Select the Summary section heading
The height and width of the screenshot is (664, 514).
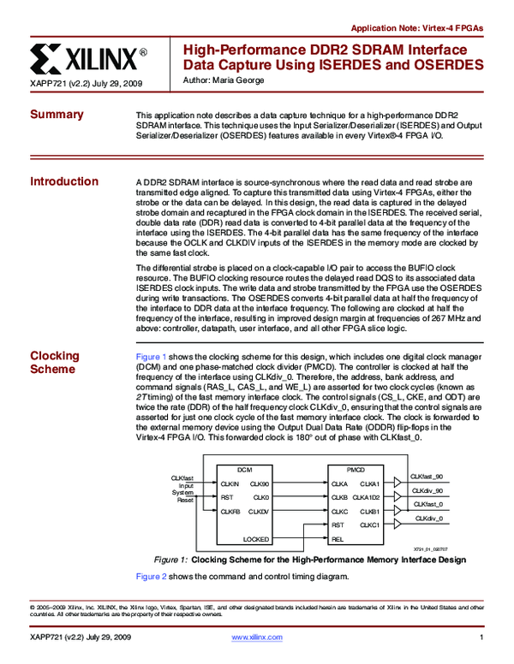click(57, 116)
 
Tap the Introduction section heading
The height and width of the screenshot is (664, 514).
click(64, 181)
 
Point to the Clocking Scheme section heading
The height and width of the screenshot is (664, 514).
click(55, 363)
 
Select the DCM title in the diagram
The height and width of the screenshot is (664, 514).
click(244, 471)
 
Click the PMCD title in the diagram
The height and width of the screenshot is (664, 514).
click(355, 471)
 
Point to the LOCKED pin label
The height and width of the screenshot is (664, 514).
click(256, 539)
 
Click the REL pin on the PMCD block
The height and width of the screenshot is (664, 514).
click(338, 539)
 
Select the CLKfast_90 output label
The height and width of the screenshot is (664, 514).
click(427, 477)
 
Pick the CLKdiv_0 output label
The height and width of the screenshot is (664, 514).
click(428, 518)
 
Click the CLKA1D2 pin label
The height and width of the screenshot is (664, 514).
click(366, 497)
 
